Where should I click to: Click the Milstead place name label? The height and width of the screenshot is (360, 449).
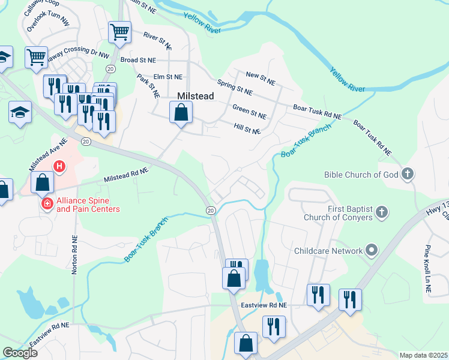196,96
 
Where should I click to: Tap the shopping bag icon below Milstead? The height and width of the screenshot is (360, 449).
181,112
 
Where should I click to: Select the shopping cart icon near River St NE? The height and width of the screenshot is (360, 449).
119,32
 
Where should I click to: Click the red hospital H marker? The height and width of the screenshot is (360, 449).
59,166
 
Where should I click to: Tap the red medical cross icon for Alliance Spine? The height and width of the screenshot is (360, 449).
47,205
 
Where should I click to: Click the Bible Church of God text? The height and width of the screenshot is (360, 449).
361,175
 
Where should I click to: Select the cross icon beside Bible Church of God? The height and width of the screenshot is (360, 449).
408,175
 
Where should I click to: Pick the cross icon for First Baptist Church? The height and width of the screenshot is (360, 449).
381,212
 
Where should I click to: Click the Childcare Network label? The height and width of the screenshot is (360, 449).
328,251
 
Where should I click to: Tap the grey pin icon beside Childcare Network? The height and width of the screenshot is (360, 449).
372,251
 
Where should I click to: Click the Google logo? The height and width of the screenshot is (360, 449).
20,353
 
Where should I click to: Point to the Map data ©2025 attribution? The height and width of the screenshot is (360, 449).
423,355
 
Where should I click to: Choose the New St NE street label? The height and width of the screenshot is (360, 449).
261,77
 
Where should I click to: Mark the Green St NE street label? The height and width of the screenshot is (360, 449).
249,111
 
